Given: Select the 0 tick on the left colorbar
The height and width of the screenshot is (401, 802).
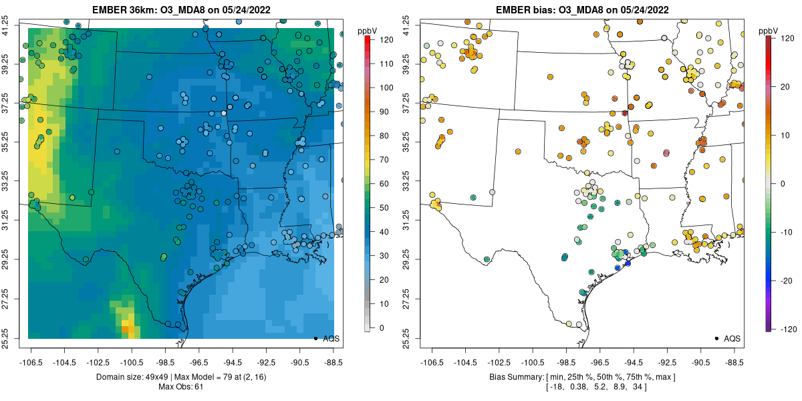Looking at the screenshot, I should click(x=381, y=327).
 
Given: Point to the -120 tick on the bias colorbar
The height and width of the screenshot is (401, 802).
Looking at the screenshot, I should click(x=786, y=329).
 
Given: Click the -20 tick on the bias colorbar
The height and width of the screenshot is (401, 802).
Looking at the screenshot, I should click(x=786, y=281).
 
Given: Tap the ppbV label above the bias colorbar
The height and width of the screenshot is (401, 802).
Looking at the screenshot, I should click(x=769, y=31).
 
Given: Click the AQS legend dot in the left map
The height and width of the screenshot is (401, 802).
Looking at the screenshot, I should click(x=315, y=338).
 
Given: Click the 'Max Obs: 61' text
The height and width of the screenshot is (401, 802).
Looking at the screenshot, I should click(x=180, y=387).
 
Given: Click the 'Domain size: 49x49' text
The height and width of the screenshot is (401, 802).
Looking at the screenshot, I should click(x=142, y=378).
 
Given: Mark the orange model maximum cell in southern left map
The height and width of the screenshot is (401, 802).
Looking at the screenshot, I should click(x=126, y=329).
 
